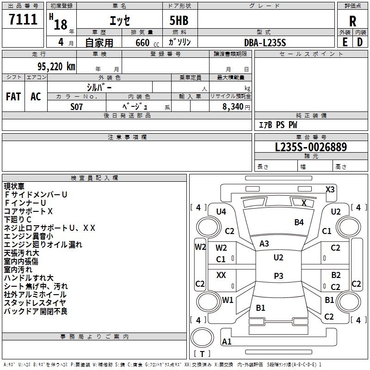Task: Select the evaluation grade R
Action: pos(353,21)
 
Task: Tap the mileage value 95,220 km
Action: pos(53,66)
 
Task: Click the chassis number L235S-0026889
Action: pos(311,148)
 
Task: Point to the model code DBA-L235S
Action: pos(265,42)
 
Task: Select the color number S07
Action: pos(77,106)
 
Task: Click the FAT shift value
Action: pos(13,96)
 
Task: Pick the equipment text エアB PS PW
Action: pos(277,125)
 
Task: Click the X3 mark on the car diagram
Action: pos(330,189)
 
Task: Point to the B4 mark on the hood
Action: pos(299,222)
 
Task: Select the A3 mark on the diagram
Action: pos(264,243)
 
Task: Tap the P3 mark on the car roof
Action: pos(278,276)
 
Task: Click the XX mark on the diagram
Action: pos(221,275)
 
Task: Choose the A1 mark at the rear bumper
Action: pos(227,342)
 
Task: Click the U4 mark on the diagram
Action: pos(221,211)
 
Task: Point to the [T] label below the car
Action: pos(202,354)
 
